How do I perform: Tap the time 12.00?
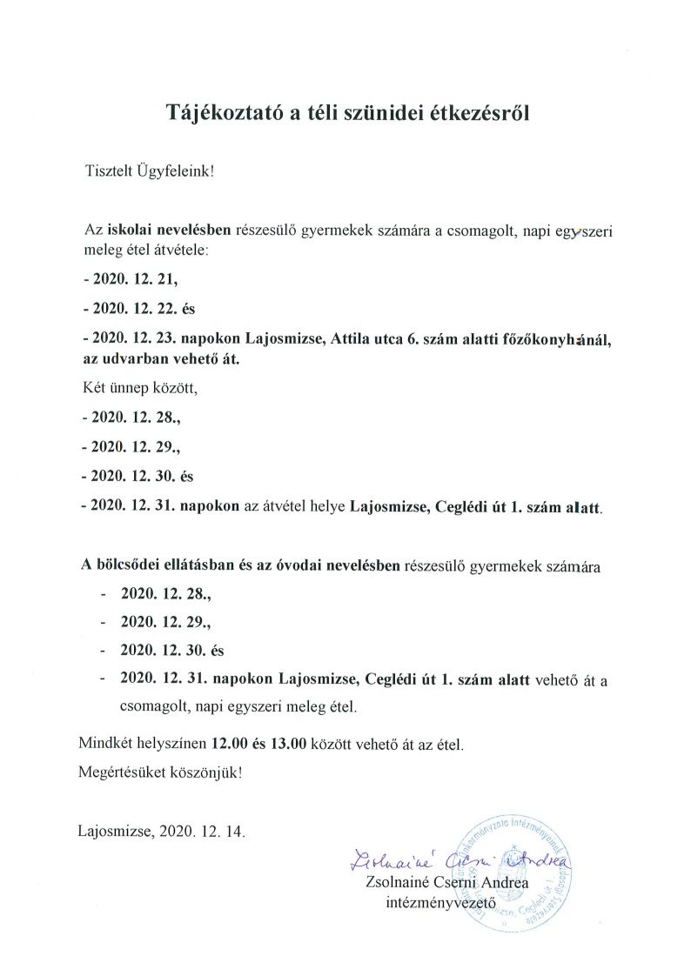tap(230, 745)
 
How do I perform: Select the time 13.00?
tap(289, 745)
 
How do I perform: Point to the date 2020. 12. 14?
tap(203, 831)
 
